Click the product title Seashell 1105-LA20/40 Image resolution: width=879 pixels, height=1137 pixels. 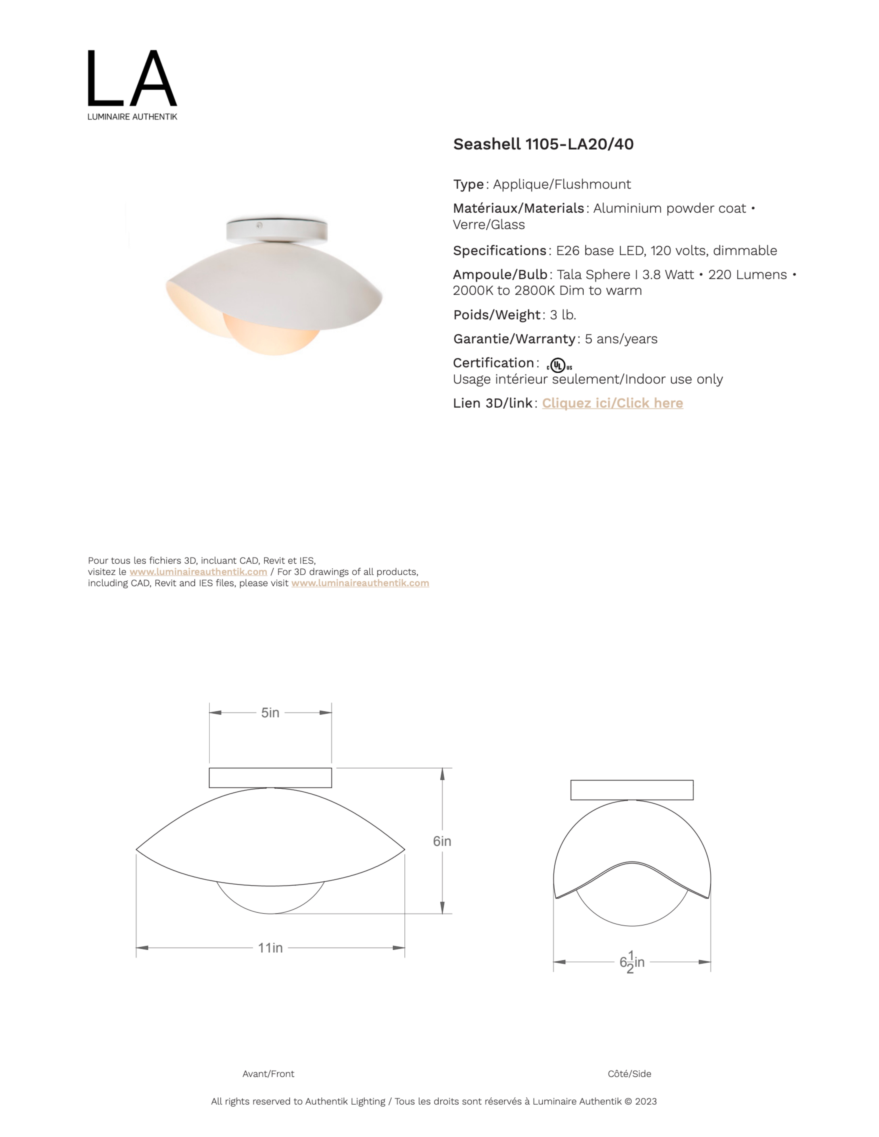(543, 144)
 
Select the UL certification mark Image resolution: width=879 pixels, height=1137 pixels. (559, 365)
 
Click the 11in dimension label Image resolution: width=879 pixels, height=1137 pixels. (270, 948)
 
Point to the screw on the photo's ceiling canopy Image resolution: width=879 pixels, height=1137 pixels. (259, 225)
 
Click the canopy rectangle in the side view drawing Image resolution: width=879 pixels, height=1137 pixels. (632, 790)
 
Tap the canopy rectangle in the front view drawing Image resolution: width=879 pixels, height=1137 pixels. (270, 777)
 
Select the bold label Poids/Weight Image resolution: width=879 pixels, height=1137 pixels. (497, 315)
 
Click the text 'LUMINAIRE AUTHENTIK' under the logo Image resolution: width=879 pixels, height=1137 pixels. (132, 117)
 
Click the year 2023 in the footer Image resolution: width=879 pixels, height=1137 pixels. (646, 1101)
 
